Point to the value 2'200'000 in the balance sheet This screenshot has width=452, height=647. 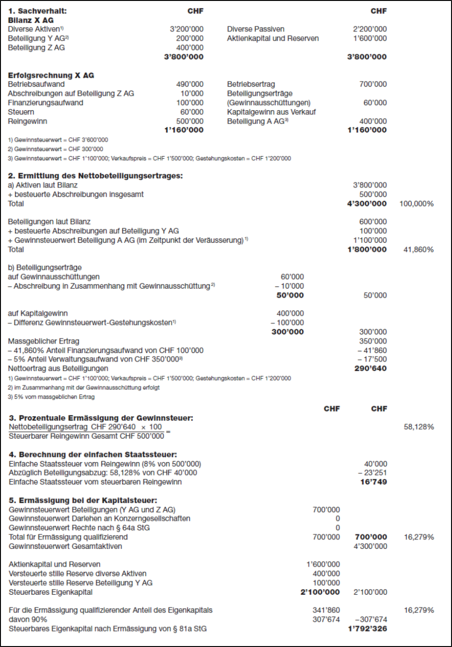[x=369, y=29]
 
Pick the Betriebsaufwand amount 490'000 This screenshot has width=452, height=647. [x=190, y=84]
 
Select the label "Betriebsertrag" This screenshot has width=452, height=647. [x=251, y=84]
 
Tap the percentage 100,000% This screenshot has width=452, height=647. [x=416, y=203]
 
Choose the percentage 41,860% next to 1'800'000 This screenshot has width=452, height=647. [x=418, y=250]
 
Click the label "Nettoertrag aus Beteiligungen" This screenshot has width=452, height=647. [x=58, y=369]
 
